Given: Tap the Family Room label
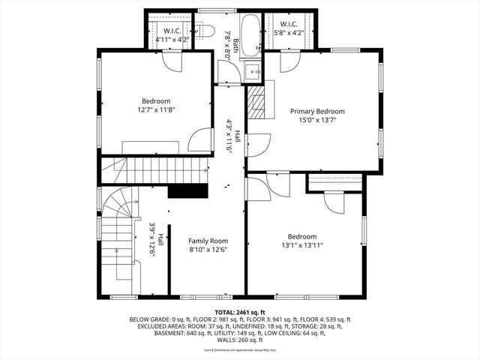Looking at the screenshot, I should [x=208, y=241].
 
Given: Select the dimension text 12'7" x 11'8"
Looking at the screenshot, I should [x=156, y=110].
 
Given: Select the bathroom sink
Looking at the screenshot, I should [x=253, y=72].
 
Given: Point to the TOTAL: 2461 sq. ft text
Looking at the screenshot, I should [x=240, y=311].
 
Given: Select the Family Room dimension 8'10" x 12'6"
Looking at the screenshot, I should [x=208, y=250].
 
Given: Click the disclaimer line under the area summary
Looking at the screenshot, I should [x=240, y=349].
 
